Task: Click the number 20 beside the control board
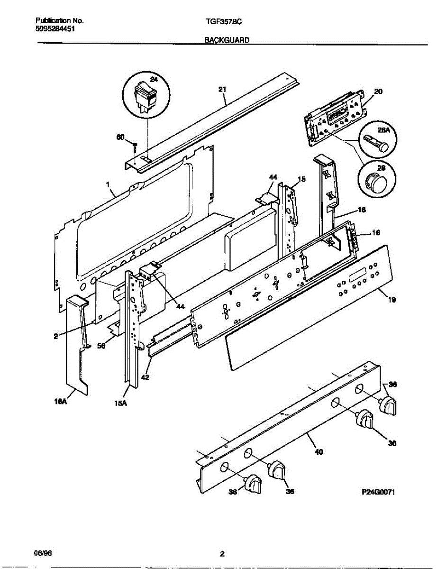tap(378, 91)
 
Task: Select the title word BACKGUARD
tap(227, 41)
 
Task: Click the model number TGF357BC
tap(227, 21)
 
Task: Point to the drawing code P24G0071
tap(378, 493)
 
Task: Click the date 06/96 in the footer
tap(42, 553)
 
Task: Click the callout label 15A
tap(120, 404)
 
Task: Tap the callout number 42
tap(146, 378)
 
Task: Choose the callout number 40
tap(318, 452)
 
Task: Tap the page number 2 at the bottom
tap(222, 553)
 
